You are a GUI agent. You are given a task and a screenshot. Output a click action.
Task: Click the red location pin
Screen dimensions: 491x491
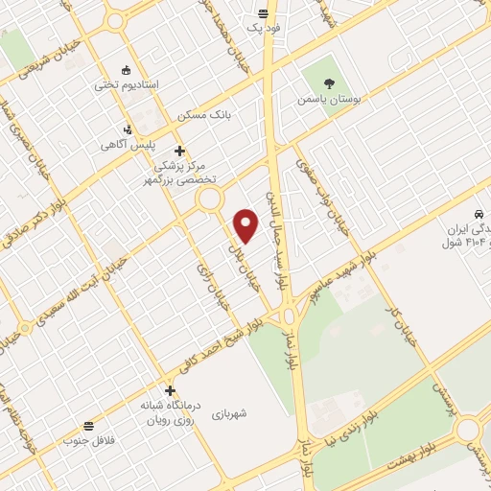pos(247,225)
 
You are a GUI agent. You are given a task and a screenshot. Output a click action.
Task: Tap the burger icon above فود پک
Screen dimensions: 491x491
pos(264,14)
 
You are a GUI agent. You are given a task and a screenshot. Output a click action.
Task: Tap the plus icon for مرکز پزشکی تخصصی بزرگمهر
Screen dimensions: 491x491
pos(179,150)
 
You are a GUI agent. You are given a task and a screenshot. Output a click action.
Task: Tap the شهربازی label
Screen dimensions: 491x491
pos(230,413)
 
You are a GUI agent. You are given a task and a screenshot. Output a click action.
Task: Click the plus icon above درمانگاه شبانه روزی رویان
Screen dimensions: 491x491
pos(170,390)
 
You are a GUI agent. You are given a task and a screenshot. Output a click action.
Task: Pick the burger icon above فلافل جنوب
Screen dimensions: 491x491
pos(89,425)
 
